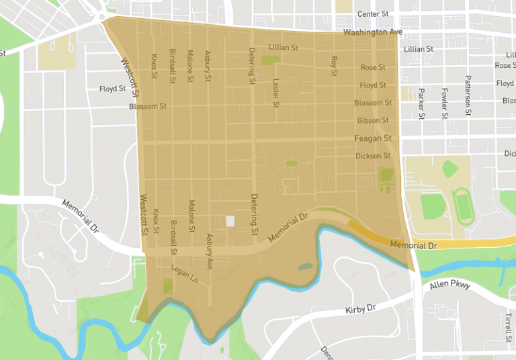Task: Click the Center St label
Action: (x=373, y=13)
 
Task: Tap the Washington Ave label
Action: (x=372, y=32)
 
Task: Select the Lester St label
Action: (x=275, y=92)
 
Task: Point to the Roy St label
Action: (x=334, y=65)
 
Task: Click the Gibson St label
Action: (x=372, y=120)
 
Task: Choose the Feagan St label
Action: (x=372, y=138)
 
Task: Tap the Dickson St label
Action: (x=372, y=156)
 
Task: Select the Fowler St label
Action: (x=444, y=103)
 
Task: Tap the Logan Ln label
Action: (x=185, y=275)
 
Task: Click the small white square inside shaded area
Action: (x=230, y=221)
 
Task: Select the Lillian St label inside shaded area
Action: (x=283, y=48)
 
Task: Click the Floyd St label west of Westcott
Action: (x=113, y=89)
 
